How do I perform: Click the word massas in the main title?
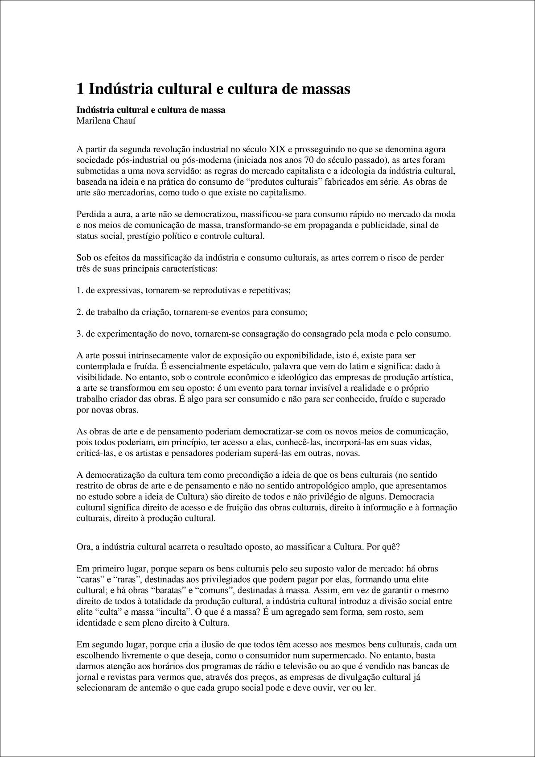(x=323, y=88)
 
